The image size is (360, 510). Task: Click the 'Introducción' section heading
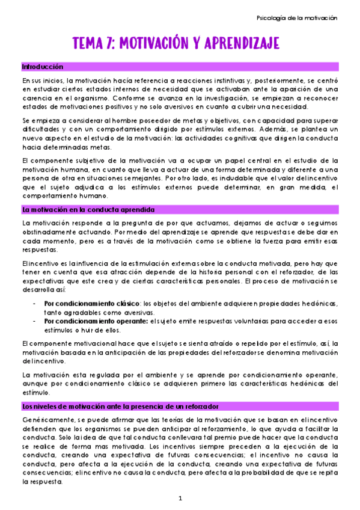pyautogui.click(x=43, y=66)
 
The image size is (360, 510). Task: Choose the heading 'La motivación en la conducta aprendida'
pyautogui.click(x=88, y=209)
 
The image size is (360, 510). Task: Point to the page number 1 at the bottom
pyautogui.click(x=180, y=498)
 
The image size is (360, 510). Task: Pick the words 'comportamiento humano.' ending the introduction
pyautogui.click(x=66, y=195)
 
